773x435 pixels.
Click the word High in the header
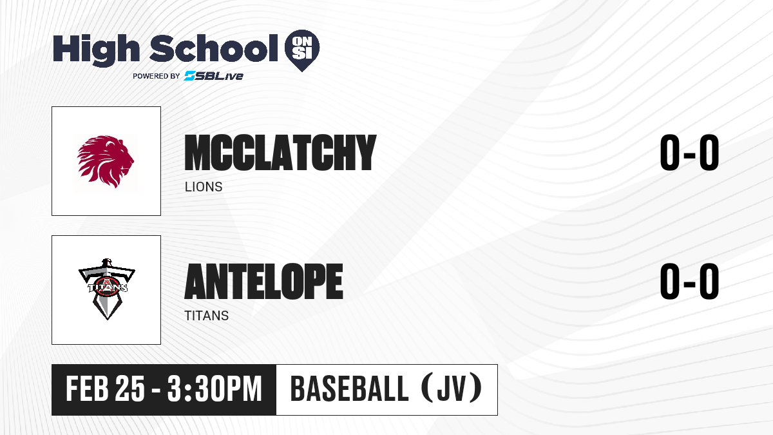click(x=96, y=50)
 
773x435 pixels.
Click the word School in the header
click(x=214, y=48)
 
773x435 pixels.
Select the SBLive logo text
click(x=214, y=76)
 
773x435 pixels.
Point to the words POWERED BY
click(x=157, y=76)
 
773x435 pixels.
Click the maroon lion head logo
click(x=106, y=162)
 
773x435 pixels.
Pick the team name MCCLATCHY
click(x=280, y=153)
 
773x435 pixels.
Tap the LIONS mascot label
click(x=204, y=187)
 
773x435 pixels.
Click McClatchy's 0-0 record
click(x=689, y=152)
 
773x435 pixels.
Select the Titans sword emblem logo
click(x=107, y=289)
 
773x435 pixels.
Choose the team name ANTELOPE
click(x=263, y=282)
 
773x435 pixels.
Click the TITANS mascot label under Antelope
click(x=207, y=316)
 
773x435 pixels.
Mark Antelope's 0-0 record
click(x=689, y=281)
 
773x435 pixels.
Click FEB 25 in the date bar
click(x=105, y=389)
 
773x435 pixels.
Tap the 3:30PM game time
click(x=215, y=389)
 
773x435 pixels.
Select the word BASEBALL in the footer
click(x=350, y=389)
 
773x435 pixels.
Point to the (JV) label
click(x=452, y=389)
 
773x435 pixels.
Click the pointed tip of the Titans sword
click(x=107, y=320)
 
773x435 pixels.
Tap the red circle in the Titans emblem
click(x=108, y=287)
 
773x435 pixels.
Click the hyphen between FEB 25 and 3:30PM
click(x=156, y=390)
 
